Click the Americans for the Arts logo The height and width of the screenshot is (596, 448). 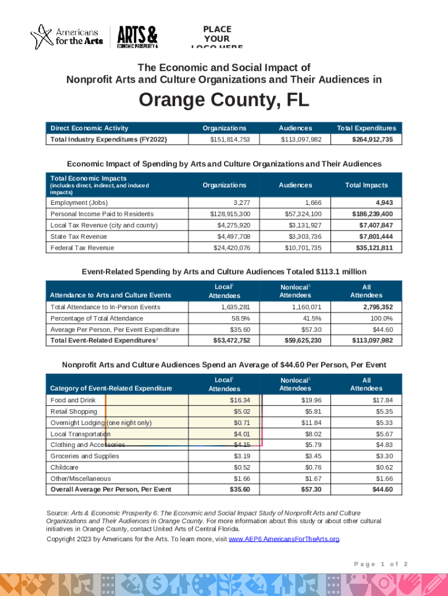pos(67,36)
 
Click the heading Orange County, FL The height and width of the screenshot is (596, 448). pos(224,101)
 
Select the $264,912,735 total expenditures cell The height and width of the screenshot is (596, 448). pos(376,140)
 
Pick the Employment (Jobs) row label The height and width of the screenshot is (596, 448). pos(79,203)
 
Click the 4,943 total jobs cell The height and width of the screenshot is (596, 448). pos(384,203)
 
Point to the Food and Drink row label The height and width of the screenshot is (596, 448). pos(73,400)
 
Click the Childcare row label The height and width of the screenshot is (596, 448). pos(65,467)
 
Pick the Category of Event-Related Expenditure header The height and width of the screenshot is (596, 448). pos(111,388)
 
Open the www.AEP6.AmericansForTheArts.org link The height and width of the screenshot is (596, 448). pos(284,540)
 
